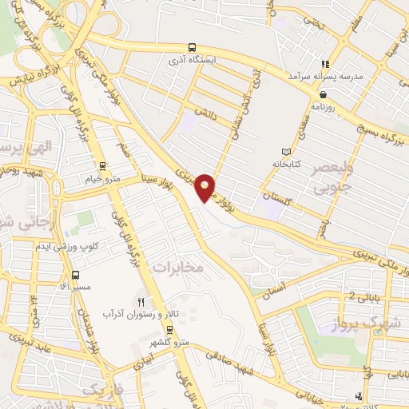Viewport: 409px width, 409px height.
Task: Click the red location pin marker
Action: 205,186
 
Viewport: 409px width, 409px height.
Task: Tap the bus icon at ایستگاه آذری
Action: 191,47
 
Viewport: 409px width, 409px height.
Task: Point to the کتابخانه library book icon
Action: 287,152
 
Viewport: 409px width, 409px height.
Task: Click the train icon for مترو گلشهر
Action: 169,329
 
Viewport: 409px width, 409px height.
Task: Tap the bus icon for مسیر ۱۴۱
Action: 76,274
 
